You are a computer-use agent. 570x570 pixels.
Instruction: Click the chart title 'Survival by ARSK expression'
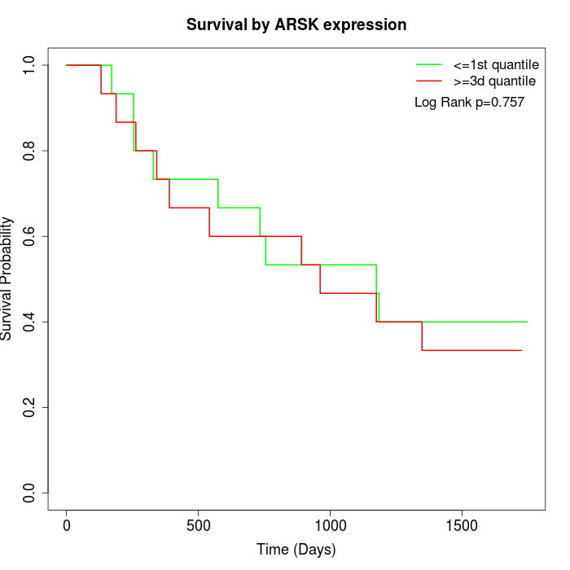point(296,25)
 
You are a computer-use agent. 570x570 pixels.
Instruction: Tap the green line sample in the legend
point(429,64)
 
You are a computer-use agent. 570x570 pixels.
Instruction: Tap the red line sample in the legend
point(429,81)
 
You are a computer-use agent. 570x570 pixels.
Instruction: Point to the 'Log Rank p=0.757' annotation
point(469,103)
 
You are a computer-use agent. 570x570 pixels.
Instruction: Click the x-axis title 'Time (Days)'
point(296,550)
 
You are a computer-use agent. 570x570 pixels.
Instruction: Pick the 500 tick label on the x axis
point(199,525)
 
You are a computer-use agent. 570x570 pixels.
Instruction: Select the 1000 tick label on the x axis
point(330,525)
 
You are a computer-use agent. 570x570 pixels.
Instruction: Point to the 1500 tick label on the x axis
point(462,525)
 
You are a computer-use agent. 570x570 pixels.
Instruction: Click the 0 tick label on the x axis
point(67,525)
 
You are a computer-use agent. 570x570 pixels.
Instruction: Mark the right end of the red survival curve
point(521,350)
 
